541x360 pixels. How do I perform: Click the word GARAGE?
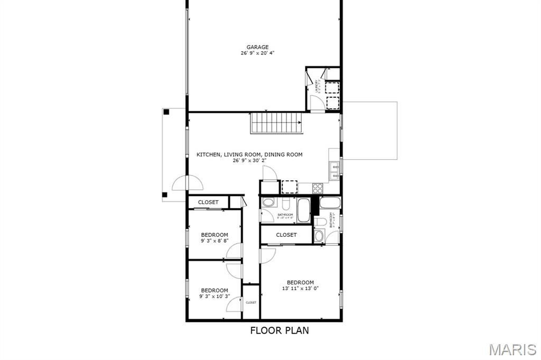pos(257,47)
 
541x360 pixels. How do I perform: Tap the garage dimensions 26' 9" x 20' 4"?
pos(257,53)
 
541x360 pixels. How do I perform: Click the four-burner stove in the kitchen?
pos(319,187)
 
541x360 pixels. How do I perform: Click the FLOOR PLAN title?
pos(279,330)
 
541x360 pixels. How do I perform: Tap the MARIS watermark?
pos(512,349)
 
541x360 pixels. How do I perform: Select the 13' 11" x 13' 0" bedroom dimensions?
pos(300,289)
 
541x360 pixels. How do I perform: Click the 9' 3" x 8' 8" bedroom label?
pos(214,238)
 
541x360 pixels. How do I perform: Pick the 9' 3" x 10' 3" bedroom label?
pos(214,293)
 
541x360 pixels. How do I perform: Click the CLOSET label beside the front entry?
pos(208,202)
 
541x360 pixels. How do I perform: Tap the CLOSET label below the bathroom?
pos(286,235)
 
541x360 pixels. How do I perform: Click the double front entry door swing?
pos(187,183)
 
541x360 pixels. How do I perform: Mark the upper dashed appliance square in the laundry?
pos(332,88)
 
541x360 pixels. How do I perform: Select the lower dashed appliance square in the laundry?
pos(332,103)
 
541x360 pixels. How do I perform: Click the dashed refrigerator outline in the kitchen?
pos(290,187)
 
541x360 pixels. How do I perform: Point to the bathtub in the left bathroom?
pos(303,210)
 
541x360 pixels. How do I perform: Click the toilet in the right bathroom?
pos(319,236)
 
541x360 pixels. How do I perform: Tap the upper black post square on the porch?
pos(166,112)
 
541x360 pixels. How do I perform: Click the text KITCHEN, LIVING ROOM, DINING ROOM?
pos(249,155)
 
